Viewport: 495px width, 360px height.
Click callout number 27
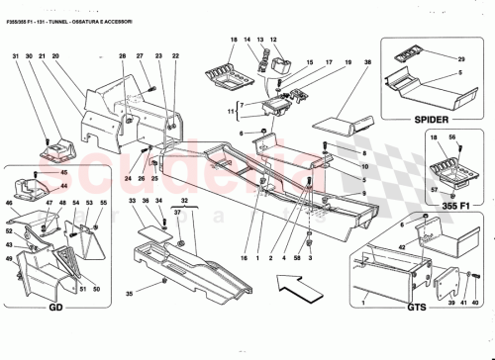pyautogui.click(x=141, y=56)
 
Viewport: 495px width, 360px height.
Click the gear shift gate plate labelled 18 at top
pyautogui.click(x=225, y=75)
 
